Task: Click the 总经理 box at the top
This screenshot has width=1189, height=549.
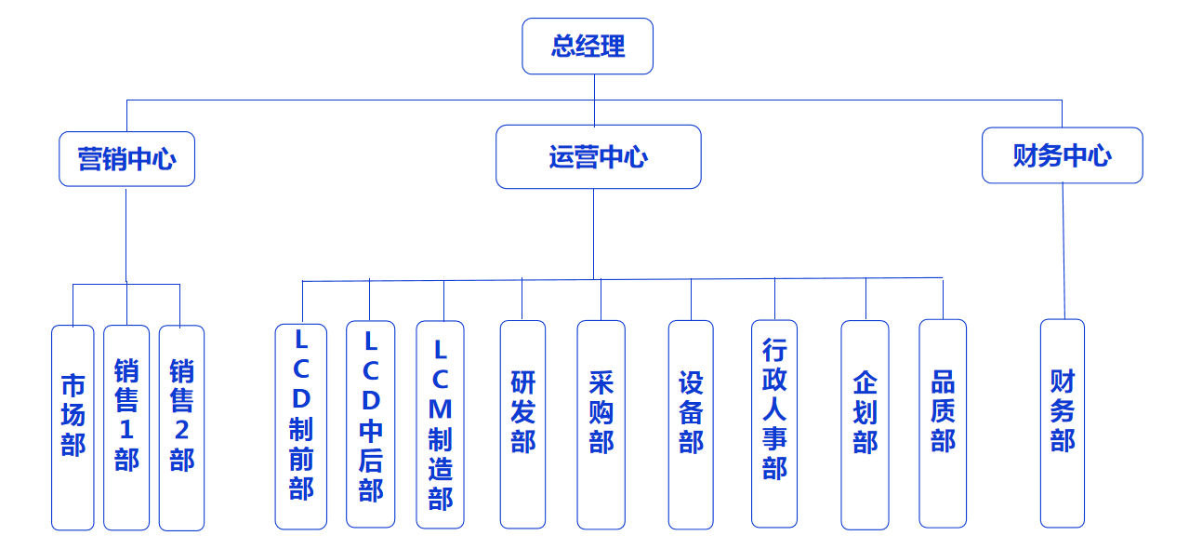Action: click(588, 46)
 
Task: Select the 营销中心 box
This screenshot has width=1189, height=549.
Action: click(126, 159)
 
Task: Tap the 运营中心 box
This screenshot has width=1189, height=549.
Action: click(598, 157)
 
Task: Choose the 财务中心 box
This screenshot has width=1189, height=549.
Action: click(1062, 155)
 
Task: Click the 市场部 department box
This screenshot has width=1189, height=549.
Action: click(73, 427)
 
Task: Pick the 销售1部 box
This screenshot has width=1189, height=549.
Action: click(126, 427)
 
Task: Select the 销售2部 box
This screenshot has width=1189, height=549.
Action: click(181, 427)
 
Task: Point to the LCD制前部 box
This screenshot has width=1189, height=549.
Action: click(300, 426)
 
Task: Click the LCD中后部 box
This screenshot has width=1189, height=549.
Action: click(370, 424)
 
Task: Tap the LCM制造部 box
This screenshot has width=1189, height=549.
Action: click(440, 424)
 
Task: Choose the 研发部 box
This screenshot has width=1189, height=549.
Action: click(522, 424)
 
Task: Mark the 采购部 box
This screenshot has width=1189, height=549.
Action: click(601, 424)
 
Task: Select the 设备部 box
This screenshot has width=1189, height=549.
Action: click(691, 424)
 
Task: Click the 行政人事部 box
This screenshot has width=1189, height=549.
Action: click(774, 423)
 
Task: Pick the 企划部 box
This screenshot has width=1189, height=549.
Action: click(865, 424)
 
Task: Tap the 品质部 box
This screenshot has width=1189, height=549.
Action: click(943, 423)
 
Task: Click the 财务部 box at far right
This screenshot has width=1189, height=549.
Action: click(1063, 423)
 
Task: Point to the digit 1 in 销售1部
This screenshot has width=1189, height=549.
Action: click(126, 431)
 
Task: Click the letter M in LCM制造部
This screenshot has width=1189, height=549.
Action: click(440, 408)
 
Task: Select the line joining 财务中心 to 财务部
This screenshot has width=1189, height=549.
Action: click(1063, 251)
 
